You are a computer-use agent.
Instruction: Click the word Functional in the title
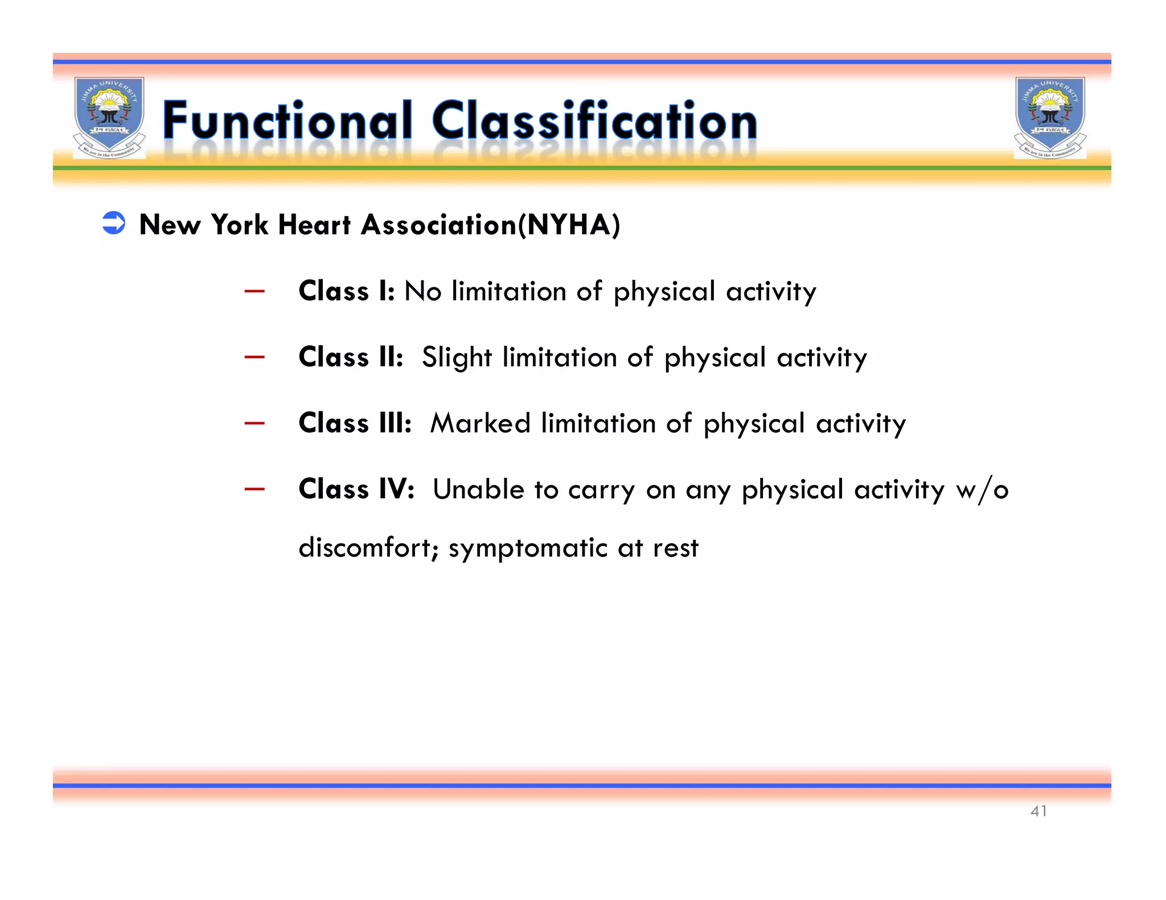(287, 121)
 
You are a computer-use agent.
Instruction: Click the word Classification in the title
(594, 121)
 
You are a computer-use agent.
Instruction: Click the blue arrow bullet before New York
(114, 223)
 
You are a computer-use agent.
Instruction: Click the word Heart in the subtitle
(314, 225)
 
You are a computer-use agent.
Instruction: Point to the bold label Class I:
(346, 291)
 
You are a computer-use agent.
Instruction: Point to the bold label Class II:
(351, 357)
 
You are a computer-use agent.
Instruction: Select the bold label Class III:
(355, 423)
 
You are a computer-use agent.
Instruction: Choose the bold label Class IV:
(356, 489)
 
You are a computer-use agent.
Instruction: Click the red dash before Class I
(254, 292)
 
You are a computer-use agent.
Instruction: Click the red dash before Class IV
(254, 489)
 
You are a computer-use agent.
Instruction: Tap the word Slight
(457, 358)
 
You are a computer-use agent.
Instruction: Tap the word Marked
(480, 423)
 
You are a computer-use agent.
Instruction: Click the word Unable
(478, 489)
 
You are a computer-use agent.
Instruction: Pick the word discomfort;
(368, 548)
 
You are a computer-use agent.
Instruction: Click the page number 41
(1038, 811)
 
